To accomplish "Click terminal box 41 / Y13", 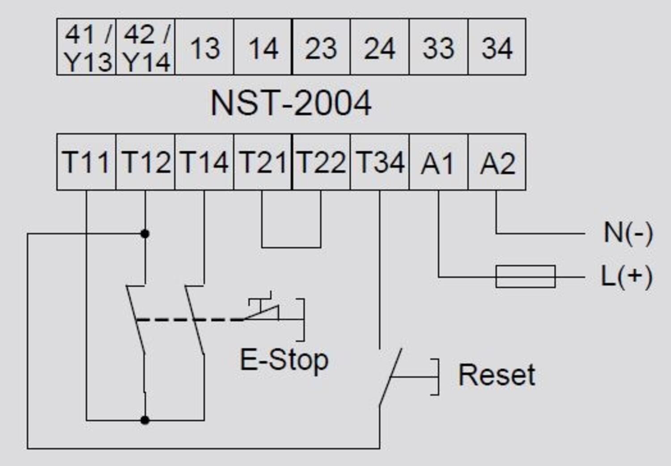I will [x=86, y=47].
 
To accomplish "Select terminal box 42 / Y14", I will [x=145, y=47].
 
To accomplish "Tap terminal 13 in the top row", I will [x=204, y=47].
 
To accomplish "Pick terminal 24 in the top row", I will [x=379, y=47].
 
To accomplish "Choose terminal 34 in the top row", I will [x=497, y=47].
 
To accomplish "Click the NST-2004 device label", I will [x=291, y=103].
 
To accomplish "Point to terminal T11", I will [x=86, y=162].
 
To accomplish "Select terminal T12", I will [x=145, y=162].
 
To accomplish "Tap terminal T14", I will [x=204, y=162].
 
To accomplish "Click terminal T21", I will [x=263, y=162].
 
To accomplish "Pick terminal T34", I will [x=379, y=162].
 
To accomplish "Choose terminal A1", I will [x=438, y=162].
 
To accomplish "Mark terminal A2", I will [x=497, y=162].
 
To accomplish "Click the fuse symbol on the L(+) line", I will [x=526, y=276].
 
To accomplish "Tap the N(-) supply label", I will [x=628, y=233].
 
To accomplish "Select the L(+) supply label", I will [x=626, y=276].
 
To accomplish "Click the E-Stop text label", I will [x=284, y=360].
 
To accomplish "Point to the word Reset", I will [x=497, y=375].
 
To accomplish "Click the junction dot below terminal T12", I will [x=145, y=234].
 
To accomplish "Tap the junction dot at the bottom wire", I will [x=145, y=420].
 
